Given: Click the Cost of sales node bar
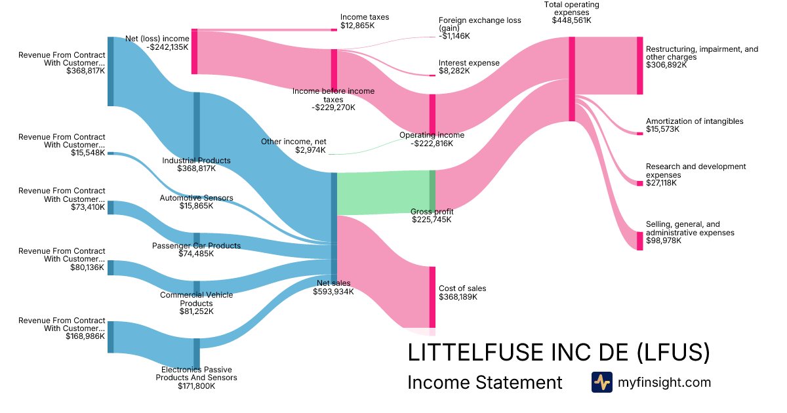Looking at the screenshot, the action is [x=432, y=296].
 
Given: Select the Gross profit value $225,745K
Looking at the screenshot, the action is [x=432, y=220].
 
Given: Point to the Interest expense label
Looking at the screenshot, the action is [x=469, y=63].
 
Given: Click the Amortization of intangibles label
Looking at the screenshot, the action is [x=695, y=121].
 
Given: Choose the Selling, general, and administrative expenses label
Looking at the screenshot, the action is [x=690, y=228].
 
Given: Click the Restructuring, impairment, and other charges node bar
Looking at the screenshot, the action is [x=639, y=66].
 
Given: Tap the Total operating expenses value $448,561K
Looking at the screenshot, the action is [x=571, y=20].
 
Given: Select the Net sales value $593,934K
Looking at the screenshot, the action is [x=333, y=292].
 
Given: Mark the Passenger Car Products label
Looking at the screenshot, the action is [x=196, y=246].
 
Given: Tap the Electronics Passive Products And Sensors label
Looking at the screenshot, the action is [x=196, y=374].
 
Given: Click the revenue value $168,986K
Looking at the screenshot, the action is [x=86, y=336].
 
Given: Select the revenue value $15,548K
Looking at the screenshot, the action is [x=88, y=153].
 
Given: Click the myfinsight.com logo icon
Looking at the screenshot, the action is [x=601, y=382].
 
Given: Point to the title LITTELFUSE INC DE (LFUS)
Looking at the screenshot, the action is [x=559, y=352].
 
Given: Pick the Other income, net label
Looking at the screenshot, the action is [x=293, y=142].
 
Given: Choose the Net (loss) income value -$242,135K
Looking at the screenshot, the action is [x=167, y=47].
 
